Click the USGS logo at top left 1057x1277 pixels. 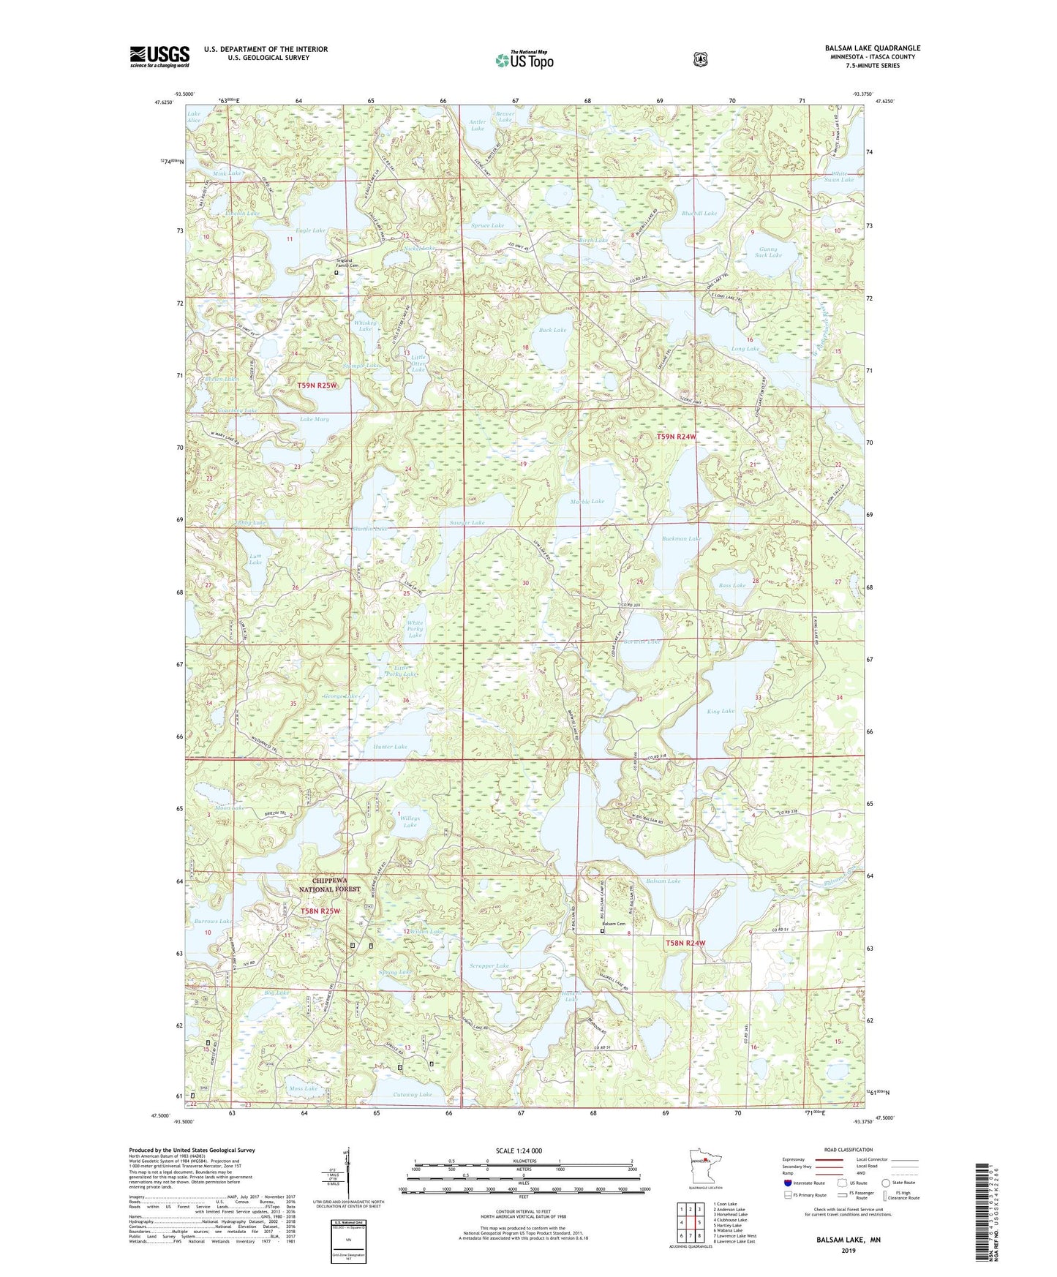pyautogui.click(x=159, y=56)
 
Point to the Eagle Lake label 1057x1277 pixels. pyautogui.click(x=310, y=230)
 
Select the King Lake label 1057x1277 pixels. pyautogui.click(x=721, y=711)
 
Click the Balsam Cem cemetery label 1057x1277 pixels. pyautogui.click(x=613, y=924)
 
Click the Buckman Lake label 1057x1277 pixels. pyautogui.click(x=681, y=538)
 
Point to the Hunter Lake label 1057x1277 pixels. pyautogui.click(x=390, y=747)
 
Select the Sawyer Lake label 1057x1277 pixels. pyautogui.click(x=467, y=523)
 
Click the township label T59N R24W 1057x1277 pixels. pyautogui.click(x=675, y=437)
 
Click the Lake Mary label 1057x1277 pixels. pyautogui.click(x=315, y=420)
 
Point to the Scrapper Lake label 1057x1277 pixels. pyautogui.click(x=488, y=966)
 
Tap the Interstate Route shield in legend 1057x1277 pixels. pyautogui.click(x=787, y=1182)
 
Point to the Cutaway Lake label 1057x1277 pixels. pyautogui.click(x=412, y=1095)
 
